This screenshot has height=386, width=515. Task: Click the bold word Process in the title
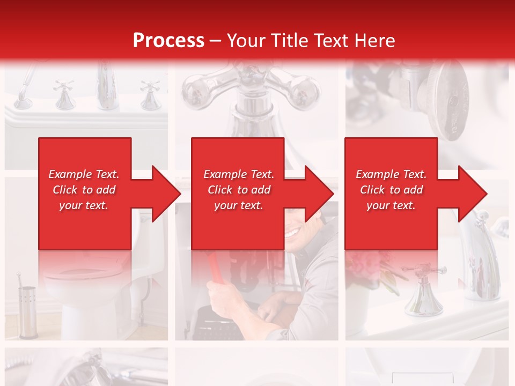[168, 41]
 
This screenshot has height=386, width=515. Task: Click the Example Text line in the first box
[84, 174]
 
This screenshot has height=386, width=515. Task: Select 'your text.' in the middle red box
[238, 206]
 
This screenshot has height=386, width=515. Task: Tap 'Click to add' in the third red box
[392, 190]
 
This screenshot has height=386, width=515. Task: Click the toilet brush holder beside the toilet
[27, 311]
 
